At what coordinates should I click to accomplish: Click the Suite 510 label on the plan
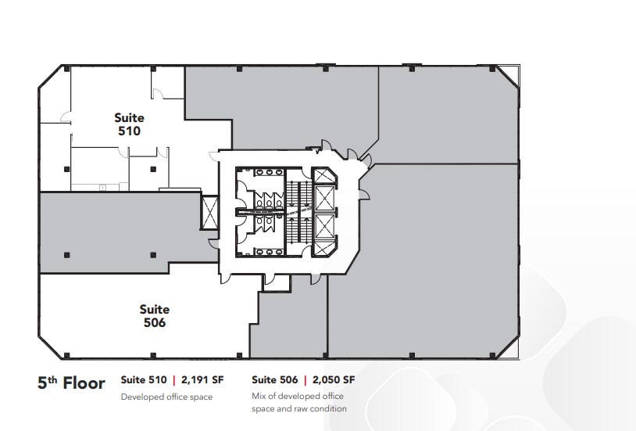pos(129,125)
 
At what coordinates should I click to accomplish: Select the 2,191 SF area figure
pos(203,380)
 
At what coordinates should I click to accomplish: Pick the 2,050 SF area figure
pos(334,380)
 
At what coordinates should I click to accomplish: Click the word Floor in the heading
pos(84,383)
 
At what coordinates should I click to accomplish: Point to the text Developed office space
pos(166,397)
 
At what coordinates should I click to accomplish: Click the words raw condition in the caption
pos(320,408)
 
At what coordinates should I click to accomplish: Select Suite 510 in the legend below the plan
pos(144,380)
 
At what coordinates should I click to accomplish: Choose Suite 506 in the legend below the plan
pos(275,380)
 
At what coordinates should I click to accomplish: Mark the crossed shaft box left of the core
pos(210,212)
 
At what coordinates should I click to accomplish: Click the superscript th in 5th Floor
pos(55,378)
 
